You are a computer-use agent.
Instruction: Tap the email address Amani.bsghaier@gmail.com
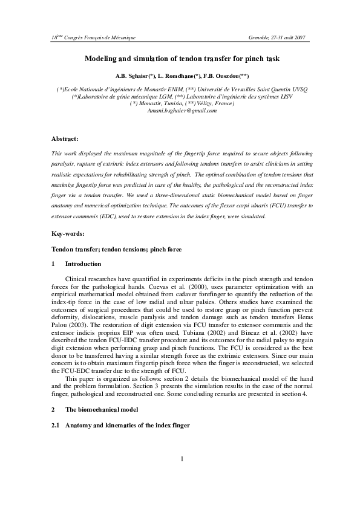point(181,111)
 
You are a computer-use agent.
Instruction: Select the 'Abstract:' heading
point(65,139)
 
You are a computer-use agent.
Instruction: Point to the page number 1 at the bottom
point(181,459)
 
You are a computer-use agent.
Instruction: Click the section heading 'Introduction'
point(83,264)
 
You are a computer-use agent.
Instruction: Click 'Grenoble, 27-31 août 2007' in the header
point(277,37)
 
